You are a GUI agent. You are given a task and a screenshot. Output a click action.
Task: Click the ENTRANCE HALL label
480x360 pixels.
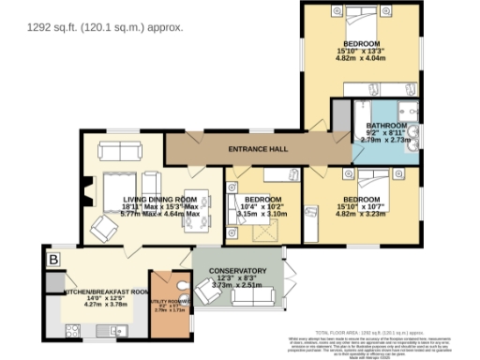pyautogui.click(x=257, y=150)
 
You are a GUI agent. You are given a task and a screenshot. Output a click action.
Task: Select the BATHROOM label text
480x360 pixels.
pyautogui.click(x=386, y=126)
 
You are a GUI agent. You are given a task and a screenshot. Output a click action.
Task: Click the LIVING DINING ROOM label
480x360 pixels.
pyautogui.click(x=159, y=200)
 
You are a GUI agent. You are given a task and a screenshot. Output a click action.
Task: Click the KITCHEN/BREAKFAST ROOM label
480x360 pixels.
pyautogui.click(x=106, y=292)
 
